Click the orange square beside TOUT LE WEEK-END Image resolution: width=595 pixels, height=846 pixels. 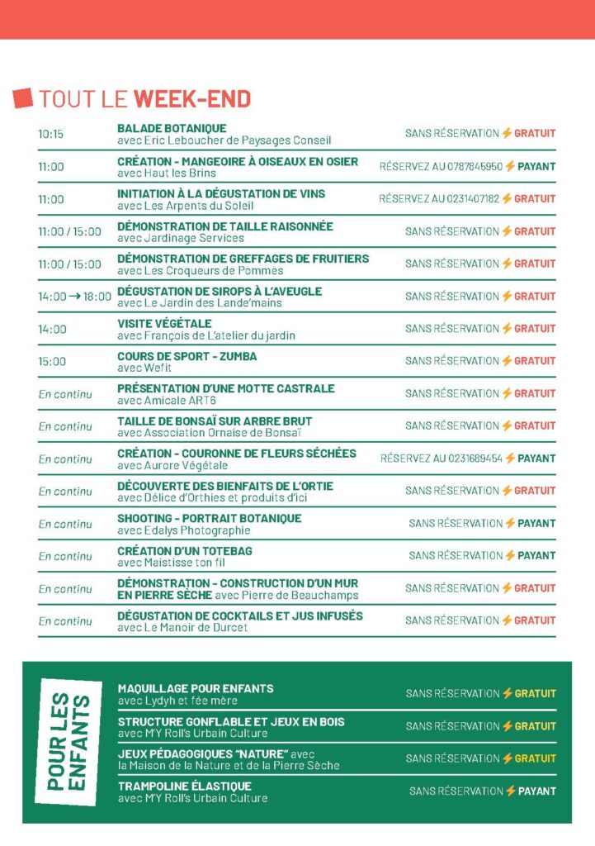23,98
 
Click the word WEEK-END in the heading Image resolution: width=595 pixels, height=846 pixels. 192,99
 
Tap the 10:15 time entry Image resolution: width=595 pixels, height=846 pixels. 50,134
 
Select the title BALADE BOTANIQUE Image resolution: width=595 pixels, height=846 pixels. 172,128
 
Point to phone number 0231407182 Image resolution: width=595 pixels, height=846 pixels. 473,198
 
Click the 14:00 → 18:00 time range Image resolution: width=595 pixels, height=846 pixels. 74,296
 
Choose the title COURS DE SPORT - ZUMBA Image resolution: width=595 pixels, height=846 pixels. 187,356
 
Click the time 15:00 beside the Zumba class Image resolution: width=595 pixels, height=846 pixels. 50,361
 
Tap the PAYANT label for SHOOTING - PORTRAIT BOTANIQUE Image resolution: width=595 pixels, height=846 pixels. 536,523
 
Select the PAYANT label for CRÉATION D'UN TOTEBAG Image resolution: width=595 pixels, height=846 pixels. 536,555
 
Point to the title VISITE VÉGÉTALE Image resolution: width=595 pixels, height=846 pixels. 164,323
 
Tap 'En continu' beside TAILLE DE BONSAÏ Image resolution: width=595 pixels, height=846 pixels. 65,426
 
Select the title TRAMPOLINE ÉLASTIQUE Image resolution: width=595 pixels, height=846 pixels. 184,787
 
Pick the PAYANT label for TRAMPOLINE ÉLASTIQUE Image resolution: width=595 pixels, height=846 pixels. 536,791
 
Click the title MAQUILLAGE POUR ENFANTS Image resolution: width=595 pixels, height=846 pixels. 196,688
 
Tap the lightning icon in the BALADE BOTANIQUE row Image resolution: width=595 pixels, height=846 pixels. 507,133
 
